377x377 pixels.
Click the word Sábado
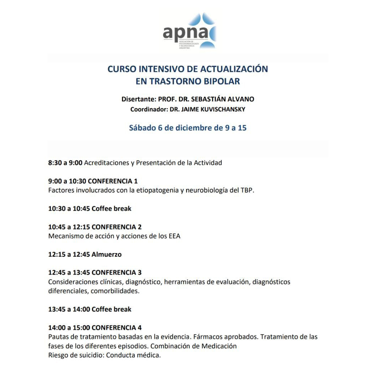(143, 128)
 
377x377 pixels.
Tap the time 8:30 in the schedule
(55, 163)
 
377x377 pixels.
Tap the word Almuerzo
(106, 254)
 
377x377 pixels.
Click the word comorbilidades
(115, 291)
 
